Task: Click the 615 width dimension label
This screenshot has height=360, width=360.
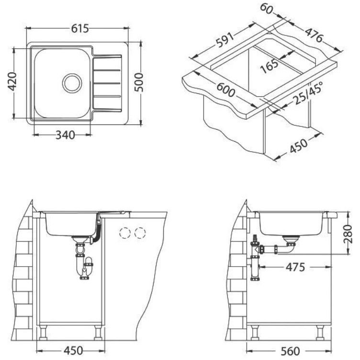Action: click(x=80, y=29)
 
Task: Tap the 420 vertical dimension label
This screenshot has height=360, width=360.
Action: click(x=12, y=81)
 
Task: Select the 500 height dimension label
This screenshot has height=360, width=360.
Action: click(x=139, y=82)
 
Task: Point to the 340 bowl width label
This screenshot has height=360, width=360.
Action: click(x=65, y=135)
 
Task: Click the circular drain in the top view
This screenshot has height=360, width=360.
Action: click(x=72, y=83)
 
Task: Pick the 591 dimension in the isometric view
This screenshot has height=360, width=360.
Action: click(x=225, y=40)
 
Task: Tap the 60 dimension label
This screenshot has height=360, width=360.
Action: click(x=267, y=9)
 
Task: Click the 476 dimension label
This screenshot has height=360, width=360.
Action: click(x=314, y=35)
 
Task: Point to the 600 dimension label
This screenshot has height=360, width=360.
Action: click(x=226, y=90)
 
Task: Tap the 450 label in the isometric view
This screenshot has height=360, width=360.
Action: click(x=298, y=146)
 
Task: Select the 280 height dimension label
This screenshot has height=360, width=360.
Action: click(x=348, y=234)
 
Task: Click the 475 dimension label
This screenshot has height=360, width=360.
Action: click(x=295, y=267)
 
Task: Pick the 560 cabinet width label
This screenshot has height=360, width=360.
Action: click(x=290, y=351)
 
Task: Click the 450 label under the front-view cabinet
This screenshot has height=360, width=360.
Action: click(x=73, y=350)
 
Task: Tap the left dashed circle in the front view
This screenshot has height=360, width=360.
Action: click(x=125, y=233)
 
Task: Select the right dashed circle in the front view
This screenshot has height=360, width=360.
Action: click(x=140, y=233)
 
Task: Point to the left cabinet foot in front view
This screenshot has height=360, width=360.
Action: click(x=43, y=332)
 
